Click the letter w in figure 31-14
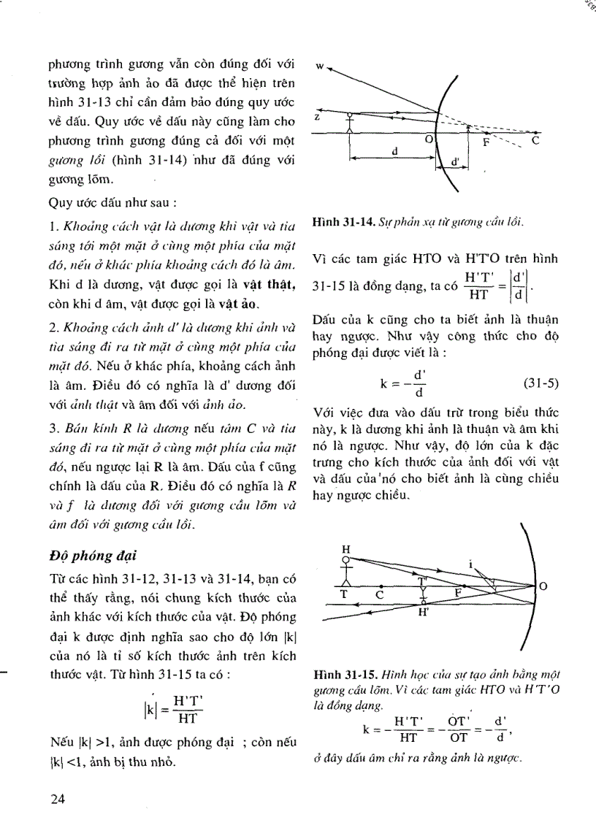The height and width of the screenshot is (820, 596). (319, 66)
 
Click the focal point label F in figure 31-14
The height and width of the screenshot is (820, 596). (486, 143)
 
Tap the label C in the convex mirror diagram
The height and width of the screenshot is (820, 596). (535, 142)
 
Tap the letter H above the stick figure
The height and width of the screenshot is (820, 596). (346, 548)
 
